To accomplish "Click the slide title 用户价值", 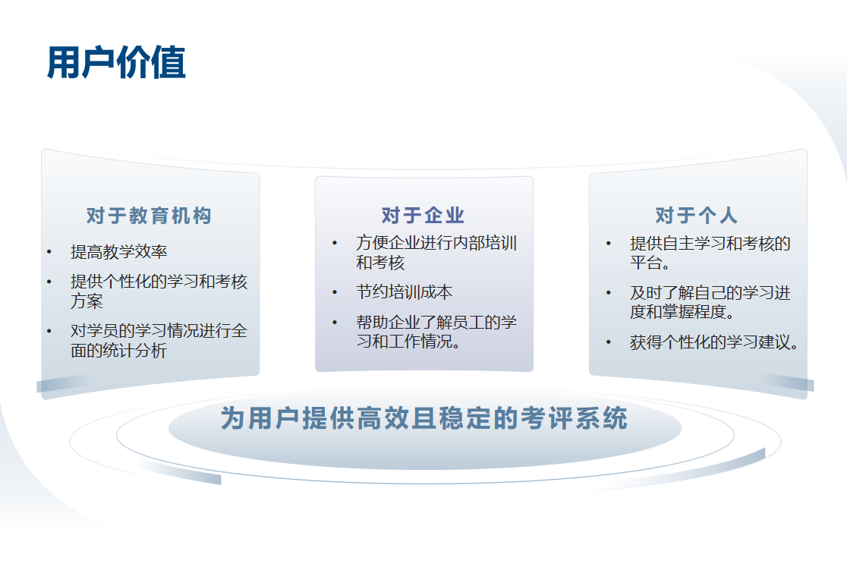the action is [x=116, y=63].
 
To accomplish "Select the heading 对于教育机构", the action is [x=149, y=216].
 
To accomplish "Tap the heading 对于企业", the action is [x=423, y=215].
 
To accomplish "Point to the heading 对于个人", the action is [x=696, y=215].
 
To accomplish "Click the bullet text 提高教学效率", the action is [x=119, y=252].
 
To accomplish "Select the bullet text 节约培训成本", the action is [x=404, y=292].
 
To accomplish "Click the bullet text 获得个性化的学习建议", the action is [x=713, y=342].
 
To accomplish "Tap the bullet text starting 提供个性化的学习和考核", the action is [x=159, y=291].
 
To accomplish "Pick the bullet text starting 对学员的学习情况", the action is [x=159, y=341].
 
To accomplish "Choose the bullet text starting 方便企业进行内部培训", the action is [x=436, y=253].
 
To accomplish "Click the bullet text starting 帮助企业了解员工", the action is [x=436, y=332].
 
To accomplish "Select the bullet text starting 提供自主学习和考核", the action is [x=710, y=253].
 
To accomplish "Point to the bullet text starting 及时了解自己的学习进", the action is [x=710, y=302].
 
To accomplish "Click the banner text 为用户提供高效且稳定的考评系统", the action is [x=424, y=418].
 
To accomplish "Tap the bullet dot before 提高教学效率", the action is [x=49, y=252].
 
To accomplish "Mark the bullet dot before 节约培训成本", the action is [x=335, y=292].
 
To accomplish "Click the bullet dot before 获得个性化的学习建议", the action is [x=609, y=342].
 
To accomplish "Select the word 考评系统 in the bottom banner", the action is [x=575, y=418].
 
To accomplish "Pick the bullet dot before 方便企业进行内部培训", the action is [x=335, y=243].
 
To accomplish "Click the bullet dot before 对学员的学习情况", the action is [x=49, y=331].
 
